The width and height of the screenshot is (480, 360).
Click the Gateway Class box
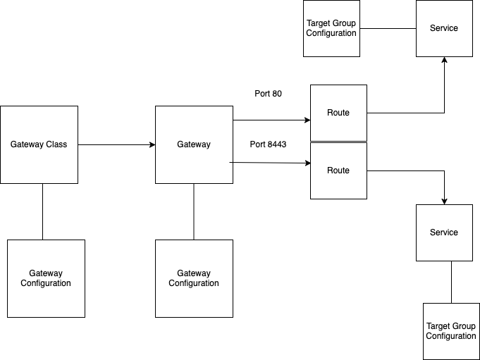39,144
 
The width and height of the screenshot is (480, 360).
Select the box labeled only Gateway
194,144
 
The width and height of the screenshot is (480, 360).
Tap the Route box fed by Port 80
338,113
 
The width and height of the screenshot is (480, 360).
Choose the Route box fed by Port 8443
338,170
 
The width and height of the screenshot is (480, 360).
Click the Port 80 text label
268,93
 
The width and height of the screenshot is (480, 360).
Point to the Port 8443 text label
268,144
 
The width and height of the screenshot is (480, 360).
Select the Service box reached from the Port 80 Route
444,28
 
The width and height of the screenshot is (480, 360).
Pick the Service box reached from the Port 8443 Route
444,232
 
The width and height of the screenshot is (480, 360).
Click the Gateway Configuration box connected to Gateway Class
46,278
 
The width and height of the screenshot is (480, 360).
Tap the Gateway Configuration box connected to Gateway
194,278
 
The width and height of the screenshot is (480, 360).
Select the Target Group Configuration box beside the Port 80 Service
331,28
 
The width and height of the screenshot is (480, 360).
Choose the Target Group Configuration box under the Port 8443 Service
451,331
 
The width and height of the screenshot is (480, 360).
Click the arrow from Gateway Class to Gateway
116,145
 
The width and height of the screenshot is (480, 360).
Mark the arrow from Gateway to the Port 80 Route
271,120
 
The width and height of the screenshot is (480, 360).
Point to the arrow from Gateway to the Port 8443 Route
271,163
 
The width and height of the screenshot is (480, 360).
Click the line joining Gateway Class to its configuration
42,211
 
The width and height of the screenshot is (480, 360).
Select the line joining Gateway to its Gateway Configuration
194,211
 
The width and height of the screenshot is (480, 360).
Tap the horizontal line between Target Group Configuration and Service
388,29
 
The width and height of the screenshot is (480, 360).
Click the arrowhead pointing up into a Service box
444,61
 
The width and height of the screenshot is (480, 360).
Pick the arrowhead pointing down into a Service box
444,200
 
